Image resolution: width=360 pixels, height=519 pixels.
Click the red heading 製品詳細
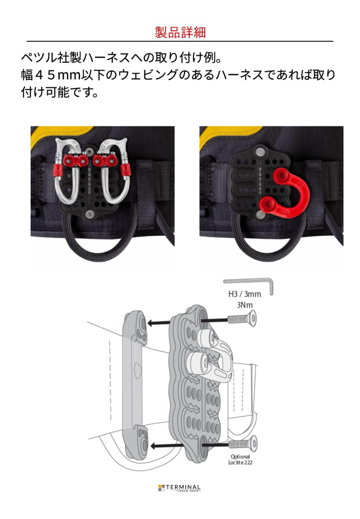180,32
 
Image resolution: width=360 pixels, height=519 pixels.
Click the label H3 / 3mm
245,294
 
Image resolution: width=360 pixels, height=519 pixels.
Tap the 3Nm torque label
245,305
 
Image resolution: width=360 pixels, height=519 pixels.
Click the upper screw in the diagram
242,320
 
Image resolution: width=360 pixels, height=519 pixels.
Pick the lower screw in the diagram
242,444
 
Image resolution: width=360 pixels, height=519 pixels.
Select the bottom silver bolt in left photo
90,214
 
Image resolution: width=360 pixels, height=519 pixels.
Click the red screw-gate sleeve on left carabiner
57,171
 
